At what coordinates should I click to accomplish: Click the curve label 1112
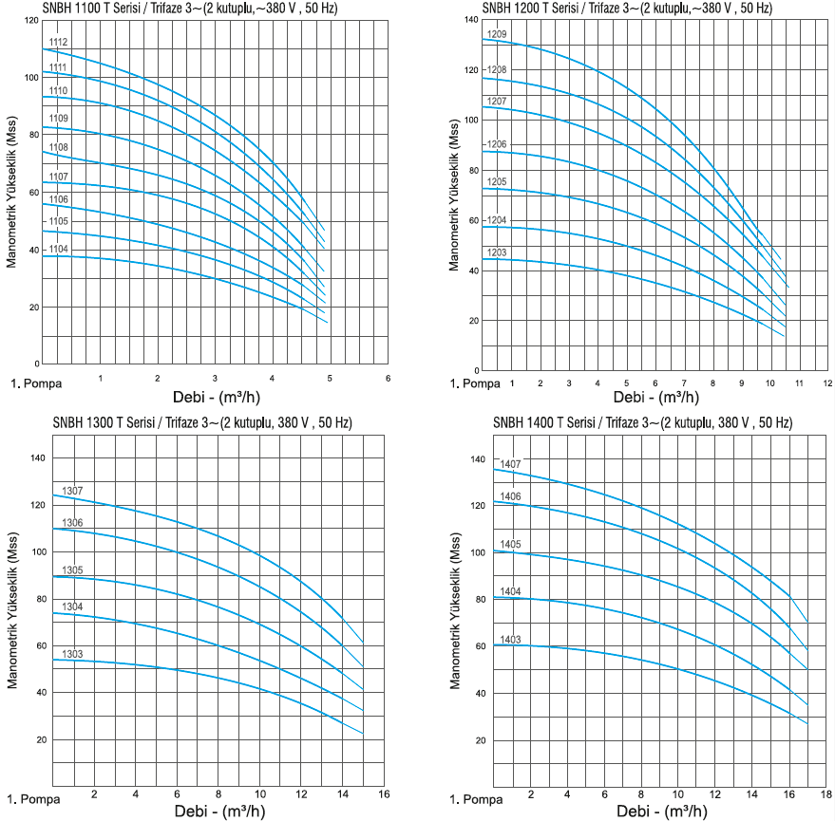click(58, 43)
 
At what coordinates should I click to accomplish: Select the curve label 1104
click(58, 249)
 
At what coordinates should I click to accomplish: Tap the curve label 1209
click(497, 34)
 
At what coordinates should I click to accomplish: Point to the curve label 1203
click(497, 252)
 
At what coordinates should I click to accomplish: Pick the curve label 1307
click(72, 491)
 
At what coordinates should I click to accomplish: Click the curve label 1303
click(72, 654)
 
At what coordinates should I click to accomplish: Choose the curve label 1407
click(510, 464)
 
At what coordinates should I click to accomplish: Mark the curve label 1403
click(510, 640)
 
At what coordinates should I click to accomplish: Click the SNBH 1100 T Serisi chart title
click(190, 9)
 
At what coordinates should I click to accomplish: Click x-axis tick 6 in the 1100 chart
click(388, 379)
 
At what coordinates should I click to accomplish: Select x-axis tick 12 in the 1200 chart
click(827, 383)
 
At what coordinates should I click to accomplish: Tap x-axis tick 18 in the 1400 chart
click(826, 793)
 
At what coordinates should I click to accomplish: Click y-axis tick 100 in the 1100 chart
click(32, 75)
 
